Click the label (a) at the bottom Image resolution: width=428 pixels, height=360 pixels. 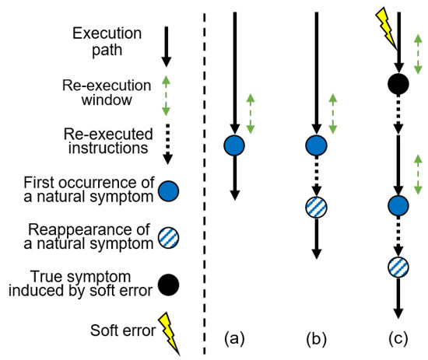[234, 339]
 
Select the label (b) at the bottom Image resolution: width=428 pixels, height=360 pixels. [316, 339]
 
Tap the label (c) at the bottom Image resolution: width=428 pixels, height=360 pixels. [398, 339]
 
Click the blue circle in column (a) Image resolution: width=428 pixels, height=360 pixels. [234, 145]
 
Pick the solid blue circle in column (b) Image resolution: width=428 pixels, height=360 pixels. [316, 145]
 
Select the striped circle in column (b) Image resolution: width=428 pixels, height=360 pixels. [316, 207]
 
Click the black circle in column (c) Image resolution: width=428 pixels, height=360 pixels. [398, 82]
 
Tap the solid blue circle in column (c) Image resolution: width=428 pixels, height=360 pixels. [398, 206]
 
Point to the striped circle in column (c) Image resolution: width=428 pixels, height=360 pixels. [398, 267]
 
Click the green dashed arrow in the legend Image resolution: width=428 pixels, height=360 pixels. [165, 96]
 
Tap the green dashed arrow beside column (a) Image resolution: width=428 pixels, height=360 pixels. [250, 114]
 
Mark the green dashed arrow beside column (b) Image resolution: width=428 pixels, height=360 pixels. [332, 114]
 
